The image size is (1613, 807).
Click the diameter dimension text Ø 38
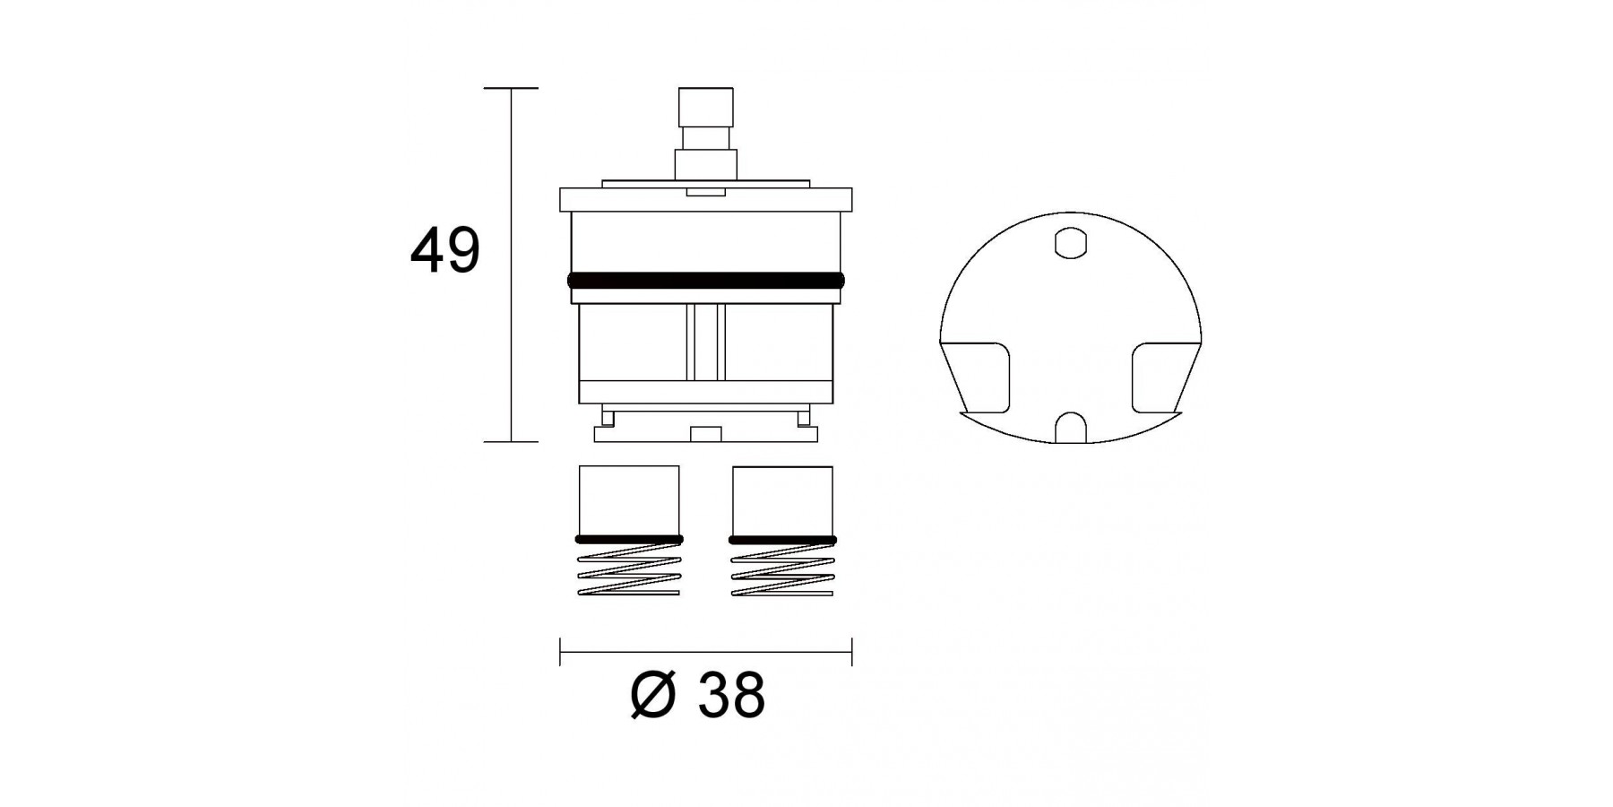click(x=698, y=694)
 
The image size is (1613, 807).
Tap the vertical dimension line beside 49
click(x=512, y=265)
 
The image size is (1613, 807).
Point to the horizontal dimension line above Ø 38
click(x=706, y=652)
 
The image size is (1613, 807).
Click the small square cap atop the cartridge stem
click(x=706, y=108)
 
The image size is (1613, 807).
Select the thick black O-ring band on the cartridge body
click(x=706, y=281)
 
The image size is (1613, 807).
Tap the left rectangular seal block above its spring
click(x=629, y=500)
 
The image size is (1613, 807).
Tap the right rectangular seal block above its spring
click(x=782, y=500)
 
